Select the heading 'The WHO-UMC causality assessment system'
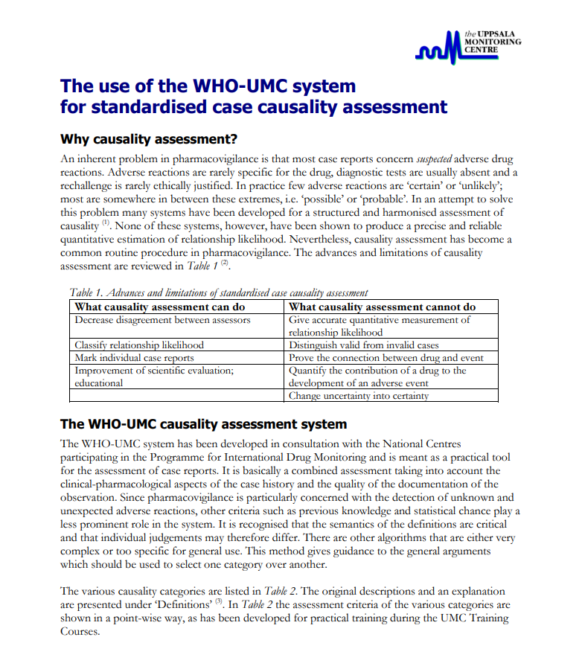[x=203, y=424]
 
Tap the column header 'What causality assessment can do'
[x=160, y=307]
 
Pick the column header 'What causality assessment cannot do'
[x=382, y=307]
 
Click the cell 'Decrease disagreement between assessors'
[x=162, y=320]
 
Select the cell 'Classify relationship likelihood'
[x=139, y=345]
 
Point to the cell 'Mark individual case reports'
[x=134, y=357]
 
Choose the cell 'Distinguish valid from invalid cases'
[x=363, y=345]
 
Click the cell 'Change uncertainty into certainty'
[x=359, y=395]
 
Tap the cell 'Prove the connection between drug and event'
[x=386, y=357]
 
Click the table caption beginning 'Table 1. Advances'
[x=219, y=292]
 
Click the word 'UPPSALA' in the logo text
[x=495, y=34]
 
